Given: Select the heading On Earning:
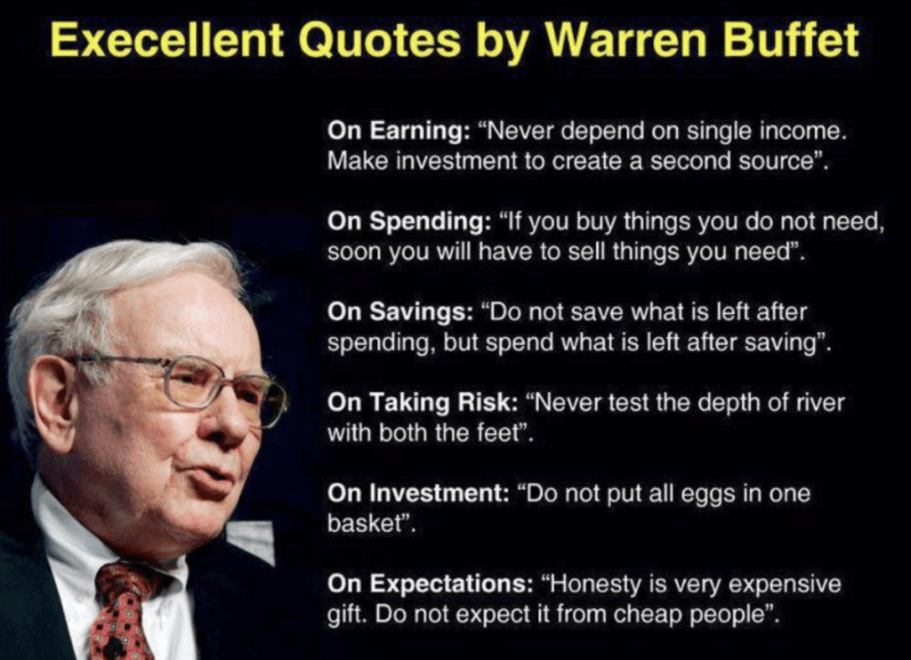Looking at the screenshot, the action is [x=399, y=130].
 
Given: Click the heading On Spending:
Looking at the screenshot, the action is [x=409, y=221].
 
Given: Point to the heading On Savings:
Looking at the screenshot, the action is [x=400, y=312].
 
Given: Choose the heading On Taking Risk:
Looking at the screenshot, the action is [x=423, y=403].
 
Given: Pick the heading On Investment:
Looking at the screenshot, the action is [x=418, y=494].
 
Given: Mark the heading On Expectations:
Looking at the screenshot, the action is [x=430, y=584].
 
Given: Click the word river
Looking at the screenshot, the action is [x=819, y=403].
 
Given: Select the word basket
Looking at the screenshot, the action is [x=365, y=524].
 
